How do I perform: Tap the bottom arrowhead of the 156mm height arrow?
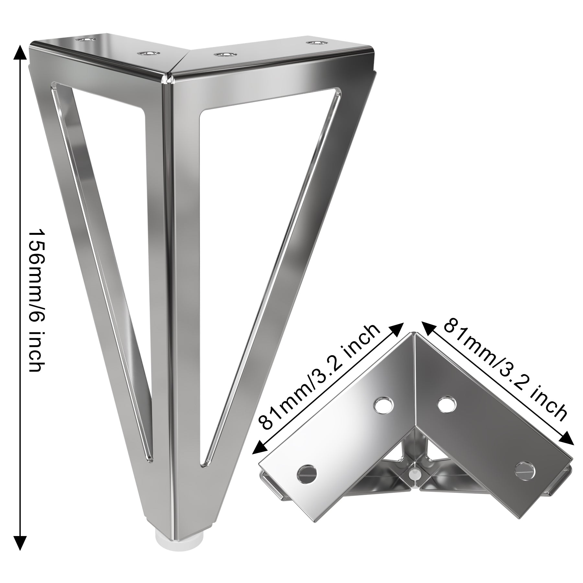[20, 544]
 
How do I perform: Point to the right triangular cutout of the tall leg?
[246, 227]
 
